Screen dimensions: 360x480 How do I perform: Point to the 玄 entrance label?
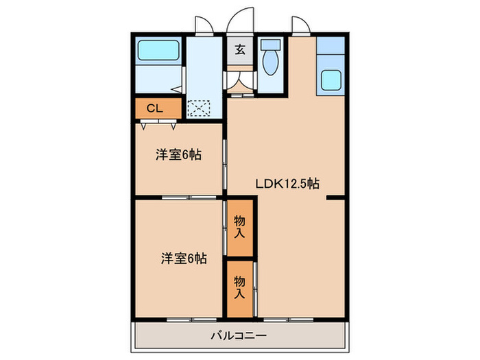point(241,49)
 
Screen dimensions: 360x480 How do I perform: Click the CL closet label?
point(155,108)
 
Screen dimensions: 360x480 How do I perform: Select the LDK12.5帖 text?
point(287,183)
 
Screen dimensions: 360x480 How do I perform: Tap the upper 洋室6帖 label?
point(178,155)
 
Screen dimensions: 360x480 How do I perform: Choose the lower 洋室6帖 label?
point(184,259)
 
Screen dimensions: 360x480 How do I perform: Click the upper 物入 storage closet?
point(240,226)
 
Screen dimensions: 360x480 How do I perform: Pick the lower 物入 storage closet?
point(240,288)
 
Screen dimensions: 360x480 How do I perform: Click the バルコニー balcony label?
point(239,335)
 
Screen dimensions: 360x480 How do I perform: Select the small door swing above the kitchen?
point(300,26)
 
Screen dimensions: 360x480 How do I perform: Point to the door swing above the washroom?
point(203,26)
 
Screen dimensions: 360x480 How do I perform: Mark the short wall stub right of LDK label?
point(335,198)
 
